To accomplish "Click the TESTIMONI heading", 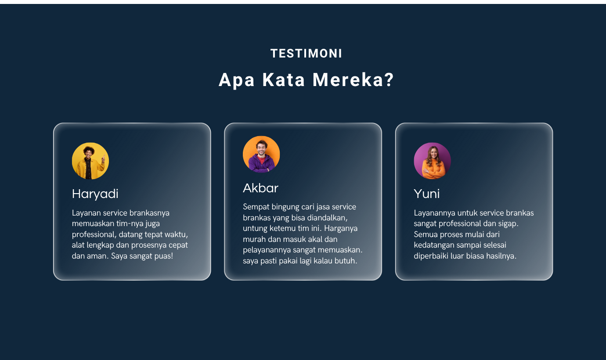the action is coord(306,54).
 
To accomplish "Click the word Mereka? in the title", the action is coord(353,80).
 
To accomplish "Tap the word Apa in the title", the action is coord(236,80).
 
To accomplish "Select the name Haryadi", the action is coord(95,194).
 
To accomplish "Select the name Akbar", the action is coord(260,188).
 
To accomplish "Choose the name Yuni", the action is coord(427,194).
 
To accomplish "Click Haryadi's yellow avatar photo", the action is coord(90,161).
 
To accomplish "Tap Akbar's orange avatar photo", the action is coord(261,154).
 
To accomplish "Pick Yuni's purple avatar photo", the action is coord(432,161).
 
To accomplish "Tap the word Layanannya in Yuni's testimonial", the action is coord(434,213).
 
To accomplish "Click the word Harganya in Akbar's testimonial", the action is coord(341,229).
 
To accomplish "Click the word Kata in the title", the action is coord(284,80).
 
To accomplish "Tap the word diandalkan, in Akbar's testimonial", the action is coord(327,218).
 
